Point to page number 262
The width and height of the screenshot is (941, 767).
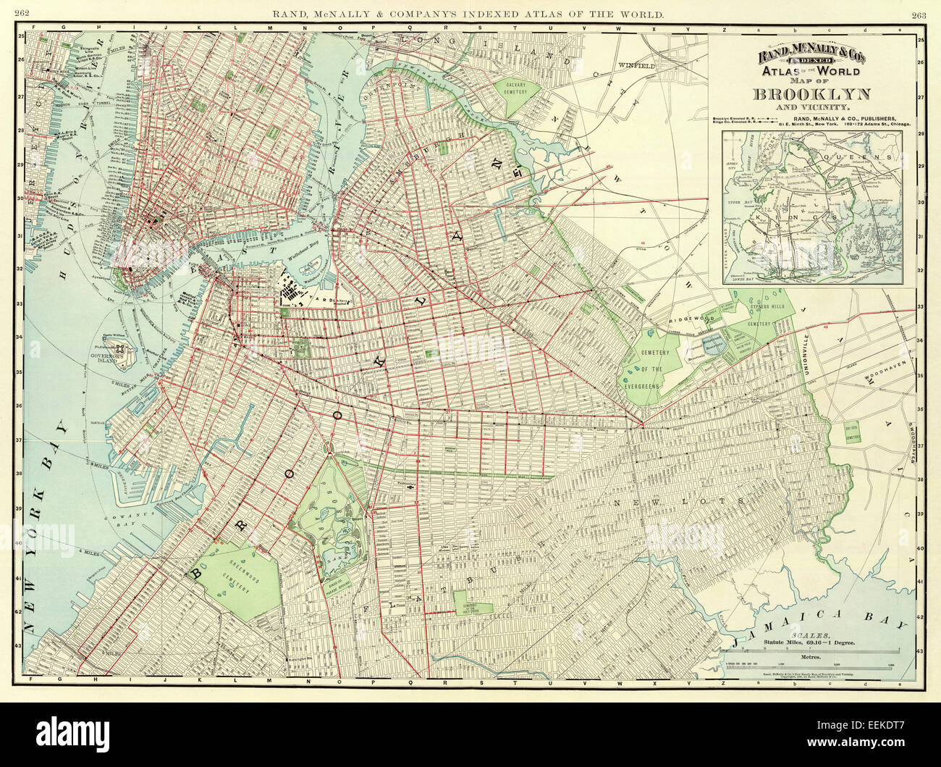pos(21,14)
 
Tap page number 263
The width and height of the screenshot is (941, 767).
pos(919,14)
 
